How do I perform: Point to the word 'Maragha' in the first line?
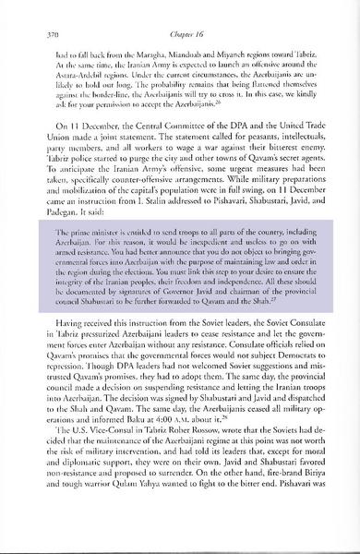138,54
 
